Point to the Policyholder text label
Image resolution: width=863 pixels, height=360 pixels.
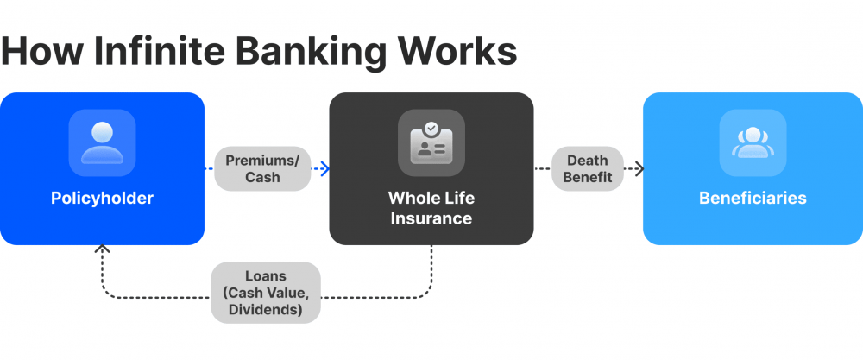(x=102, y=199)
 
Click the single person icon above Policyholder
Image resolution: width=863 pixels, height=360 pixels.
(x=102, y=143)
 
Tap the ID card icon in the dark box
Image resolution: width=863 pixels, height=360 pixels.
(x=431, y=143)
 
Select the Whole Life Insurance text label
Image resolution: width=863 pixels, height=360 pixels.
(x=431, y=208)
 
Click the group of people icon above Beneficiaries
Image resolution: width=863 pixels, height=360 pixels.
(x=753, y=143)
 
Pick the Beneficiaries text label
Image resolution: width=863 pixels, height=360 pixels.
(x=753, y=199)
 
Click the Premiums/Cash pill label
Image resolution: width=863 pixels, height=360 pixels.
(x=262, y=168)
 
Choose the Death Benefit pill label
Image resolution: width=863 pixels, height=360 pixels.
(x=587, y=168)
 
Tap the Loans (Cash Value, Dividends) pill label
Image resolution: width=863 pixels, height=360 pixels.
(x=266, y=293)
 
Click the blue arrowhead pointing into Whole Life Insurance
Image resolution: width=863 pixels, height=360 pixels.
(x=324, y=169)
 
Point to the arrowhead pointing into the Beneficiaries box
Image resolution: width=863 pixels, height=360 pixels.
(x=638, y=169)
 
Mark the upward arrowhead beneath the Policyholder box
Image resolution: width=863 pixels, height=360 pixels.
(x=103, y=251)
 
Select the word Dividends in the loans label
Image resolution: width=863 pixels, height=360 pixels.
(x=266, y=309)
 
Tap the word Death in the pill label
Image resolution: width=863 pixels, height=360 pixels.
(x=587, y=160)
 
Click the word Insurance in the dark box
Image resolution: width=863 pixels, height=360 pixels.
(x=431, y=218)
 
